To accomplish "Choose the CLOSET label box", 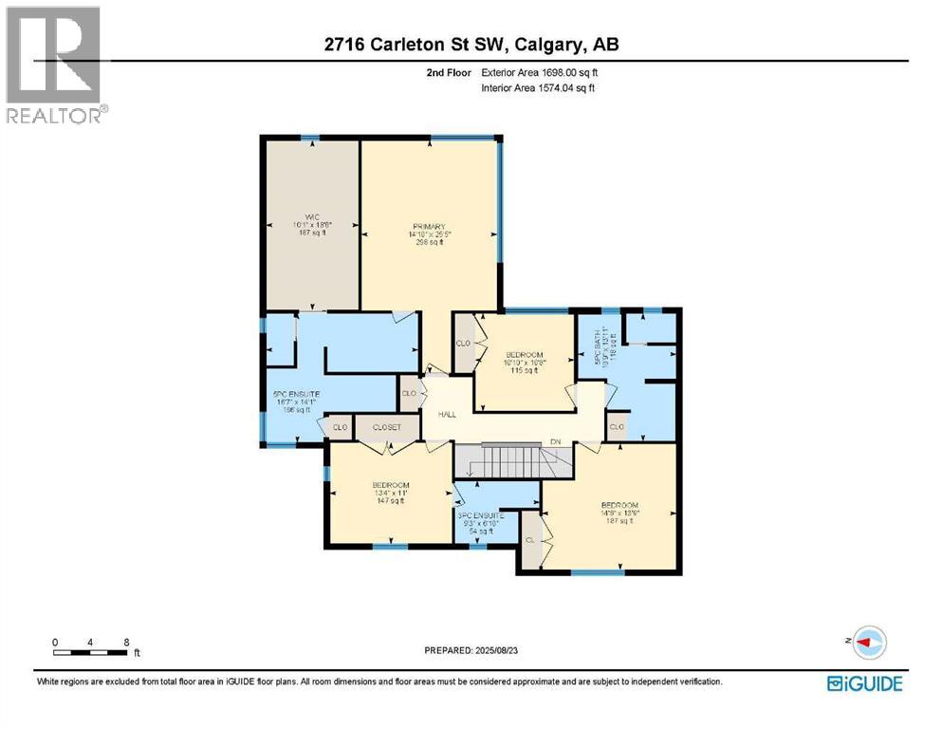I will (386, 428).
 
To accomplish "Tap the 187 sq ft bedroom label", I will (619, 513).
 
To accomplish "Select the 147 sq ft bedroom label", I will (390, 493).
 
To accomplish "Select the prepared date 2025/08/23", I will (473, 650).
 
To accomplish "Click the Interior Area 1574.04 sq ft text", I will (539, 88).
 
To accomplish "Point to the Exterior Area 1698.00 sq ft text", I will (539, 71).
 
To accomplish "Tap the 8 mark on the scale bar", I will (126, 642).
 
